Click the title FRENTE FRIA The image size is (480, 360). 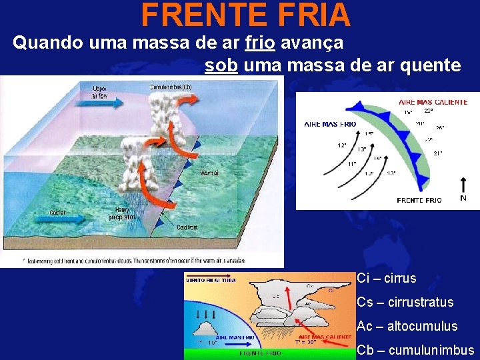click(246, 15)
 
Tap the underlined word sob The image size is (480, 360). click(221, 65)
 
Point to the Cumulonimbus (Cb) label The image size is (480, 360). click(171, 86)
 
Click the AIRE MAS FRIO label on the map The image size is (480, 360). click(330, 124)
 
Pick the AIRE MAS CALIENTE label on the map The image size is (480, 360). click(433, 102)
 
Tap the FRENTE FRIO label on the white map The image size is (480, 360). click(419, 200)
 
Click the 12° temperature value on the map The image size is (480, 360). click(342, 145)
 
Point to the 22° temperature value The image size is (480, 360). click(428, 111)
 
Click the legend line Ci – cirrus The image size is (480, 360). click(386, 279)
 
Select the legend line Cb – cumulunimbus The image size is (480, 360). click(415, 350)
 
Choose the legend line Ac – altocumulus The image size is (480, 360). click(407, 326)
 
